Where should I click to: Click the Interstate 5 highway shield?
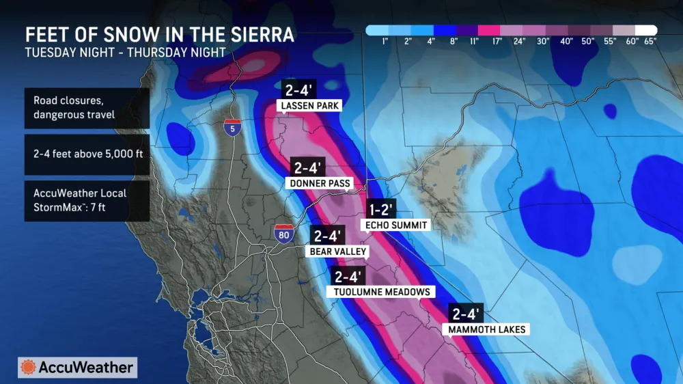(232, 126)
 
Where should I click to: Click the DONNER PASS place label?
(319, 183)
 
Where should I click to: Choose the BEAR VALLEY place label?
(339, 251)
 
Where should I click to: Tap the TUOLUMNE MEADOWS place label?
(382, 292)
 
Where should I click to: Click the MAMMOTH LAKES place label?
(487, 329)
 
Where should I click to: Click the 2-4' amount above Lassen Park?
(301, 90)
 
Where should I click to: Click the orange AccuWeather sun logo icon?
(29, 367)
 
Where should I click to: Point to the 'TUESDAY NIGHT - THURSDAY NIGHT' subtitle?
(125, 52)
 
